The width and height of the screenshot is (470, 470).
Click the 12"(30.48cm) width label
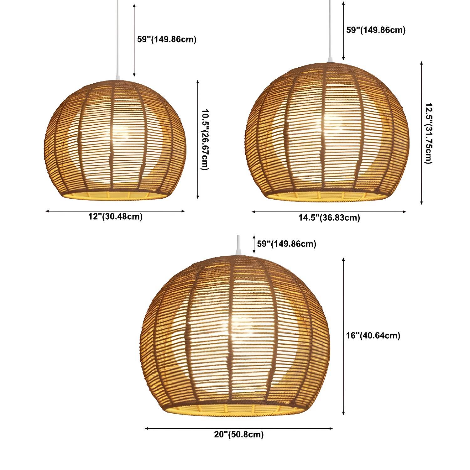click(x=115, y=217)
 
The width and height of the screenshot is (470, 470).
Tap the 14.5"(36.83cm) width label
click(x=329, y=217)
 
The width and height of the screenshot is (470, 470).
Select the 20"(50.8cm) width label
click(x=239, y=434)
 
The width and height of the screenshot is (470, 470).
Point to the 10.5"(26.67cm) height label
click(x=205, y=139)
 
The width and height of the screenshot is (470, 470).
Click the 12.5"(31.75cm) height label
click(x=428, y=133)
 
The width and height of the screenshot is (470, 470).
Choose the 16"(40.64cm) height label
click(x=373, y=336)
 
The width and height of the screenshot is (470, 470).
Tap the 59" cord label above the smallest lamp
click(x=167, y=39)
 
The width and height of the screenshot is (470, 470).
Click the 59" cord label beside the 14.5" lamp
click(x=376, y=30)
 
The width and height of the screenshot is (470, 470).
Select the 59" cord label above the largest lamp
click(x=286, y=244)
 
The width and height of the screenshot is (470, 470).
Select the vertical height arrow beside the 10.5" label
click(x=198, y=139)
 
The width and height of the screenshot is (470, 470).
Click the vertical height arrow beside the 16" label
click(x=344, y=336)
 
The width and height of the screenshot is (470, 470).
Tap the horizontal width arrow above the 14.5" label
click(x=329, y=212)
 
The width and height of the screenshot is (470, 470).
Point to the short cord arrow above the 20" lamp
click(x=254, y=244)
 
